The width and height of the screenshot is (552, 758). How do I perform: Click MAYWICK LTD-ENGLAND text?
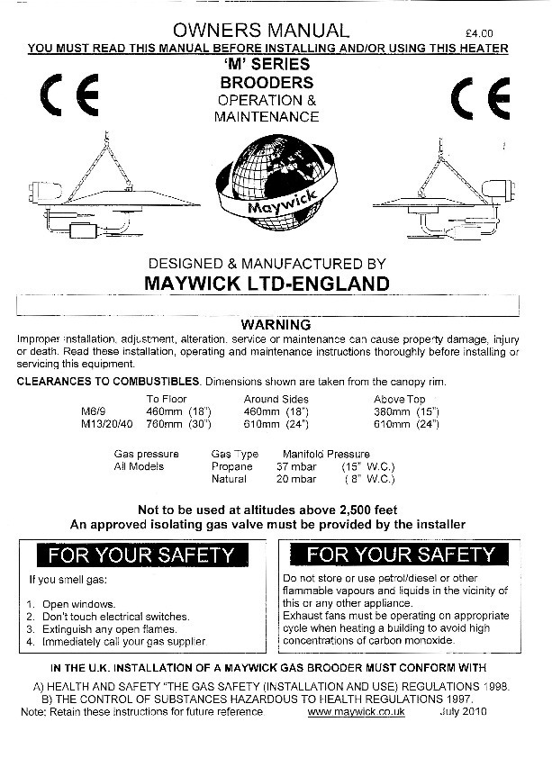pos(267,284)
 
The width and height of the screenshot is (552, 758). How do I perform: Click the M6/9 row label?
pos(93,411)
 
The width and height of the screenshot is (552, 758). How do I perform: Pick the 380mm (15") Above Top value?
pos(406,411)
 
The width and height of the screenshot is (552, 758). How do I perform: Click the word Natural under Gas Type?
pos(229,480)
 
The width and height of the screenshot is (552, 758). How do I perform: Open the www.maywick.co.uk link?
pos(356,711)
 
